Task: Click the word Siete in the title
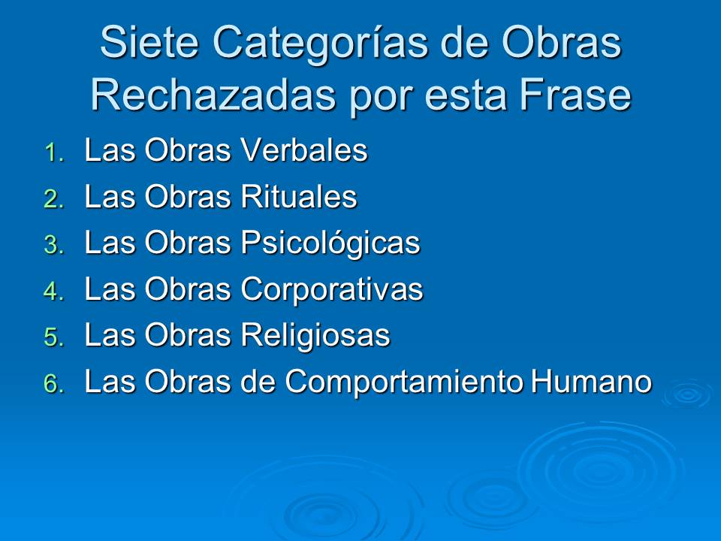click(149, 42)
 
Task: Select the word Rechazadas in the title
click(213, 95)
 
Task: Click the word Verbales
click(304, 150)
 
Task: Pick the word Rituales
click(299, 196)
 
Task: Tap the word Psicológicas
click(330, 243)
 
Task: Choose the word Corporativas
click(332, 290)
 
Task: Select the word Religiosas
click(315, 335)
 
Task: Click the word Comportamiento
click(404, 382)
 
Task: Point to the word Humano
click(591, 382)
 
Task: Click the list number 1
click(55, 153)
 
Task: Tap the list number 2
click(54, 200)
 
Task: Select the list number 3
click(54, 245)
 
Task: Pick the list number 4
click(54, 292)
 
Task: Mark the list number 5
click(54, 337)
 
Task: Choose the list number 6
click(54, 384)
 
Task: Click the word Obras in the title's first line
click(562, 42)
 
